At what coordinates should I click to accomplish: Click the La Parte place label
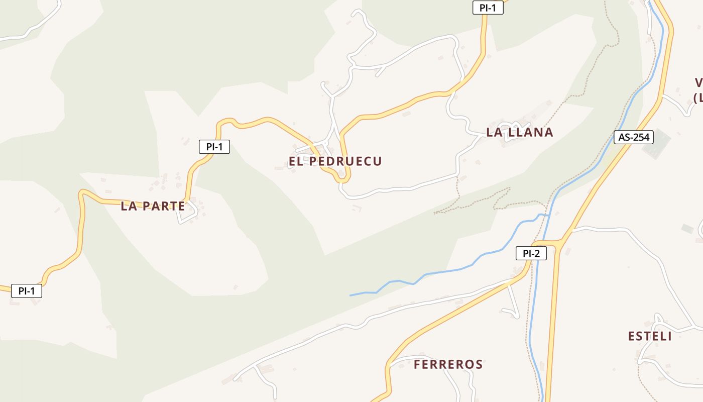pos(153,206)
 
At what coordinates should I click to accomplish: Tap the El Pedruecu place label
pos(335,161)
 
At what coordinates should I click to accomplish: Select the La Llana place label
pos(519,132)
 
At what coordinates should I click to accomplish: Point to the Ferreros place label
pos(448,364)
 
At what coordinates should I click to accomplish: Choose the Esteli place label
pos(650,336)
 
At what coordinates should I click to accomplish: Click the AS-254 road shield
pos(634,137)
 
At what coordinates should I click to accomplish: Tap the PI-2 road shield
pos(531,253)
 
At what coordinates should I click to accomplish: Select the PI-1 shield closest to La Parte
pos(214,147)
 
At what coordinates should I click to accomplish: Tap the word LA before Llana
pos(493,132)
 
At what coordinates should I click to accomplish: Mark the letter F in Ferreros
pos(417,364)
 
